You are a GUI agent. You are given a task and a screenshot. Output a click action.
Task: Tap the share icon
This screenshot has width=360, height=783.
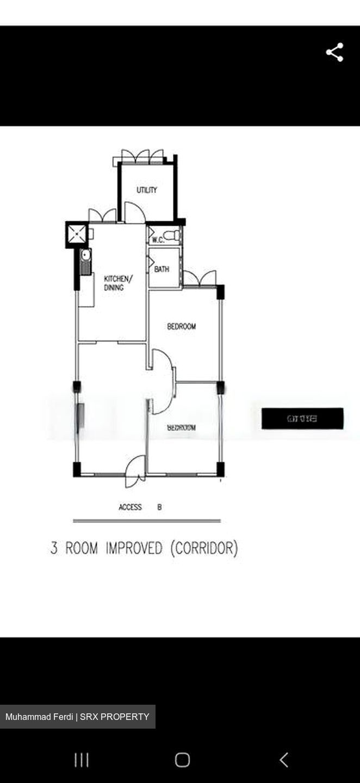(334, 52)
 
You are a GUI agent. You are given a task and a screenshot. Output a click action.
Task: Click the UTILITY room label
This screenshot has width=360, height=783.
(147, 190)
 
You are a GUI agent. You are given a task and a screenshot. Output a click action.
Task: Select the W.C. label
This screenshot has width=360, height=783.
(158, 239)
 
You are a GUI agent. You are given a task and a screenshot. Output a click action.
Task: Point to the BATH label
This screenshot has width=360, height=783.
(162, 269)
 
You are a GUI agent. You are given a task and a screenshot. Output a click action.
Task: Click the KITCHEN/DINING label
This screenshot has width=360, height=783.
(117, 283)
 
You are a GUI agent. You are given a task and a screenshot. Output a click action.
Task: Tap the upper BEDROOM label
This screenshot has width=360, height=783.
(181, 326)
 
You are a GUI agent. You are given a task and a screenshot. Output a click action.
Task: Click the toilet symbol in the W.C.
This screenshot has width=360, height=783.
(173, 235)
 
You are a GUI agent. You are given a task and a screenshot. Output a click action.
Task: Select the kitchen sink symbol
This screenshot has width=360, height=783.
(85, 262)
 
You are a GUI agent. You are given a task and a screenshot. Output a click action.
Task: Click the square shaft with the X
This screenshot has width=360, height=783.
(77, 234)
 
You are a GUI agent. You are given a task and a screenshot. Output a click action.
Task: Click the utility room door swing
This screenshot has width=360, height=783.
(134, 213)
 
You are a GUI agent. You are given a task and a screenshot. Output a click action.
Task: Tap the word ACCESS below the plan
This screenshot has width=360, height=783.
(130, 507)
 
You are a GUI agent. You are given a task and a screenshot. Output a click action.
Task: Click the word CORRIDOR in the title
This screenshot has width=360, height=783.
(204, 548)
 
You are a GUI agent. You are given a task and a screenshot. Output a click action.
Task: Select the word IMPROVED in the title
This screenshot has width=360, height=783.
(134, 548)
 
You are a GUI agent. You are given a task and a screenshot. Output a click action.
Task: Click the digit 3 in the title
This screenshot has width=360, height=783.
(54, 548)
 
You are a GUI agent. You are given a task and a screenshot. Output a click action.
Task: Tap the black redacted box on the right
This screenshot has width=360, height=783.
(302, 419)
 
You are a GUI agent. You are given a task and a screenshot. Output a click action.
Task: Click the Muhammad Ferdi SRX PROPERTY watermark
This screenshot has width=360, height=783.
(77, 717)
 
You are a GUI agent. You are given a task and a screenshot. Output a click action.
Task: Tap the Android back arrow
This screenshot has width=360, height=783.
(283, 760)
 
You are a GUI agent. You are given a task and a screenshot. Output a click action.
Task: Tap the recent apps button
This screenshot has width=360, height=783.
(82, 760)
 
